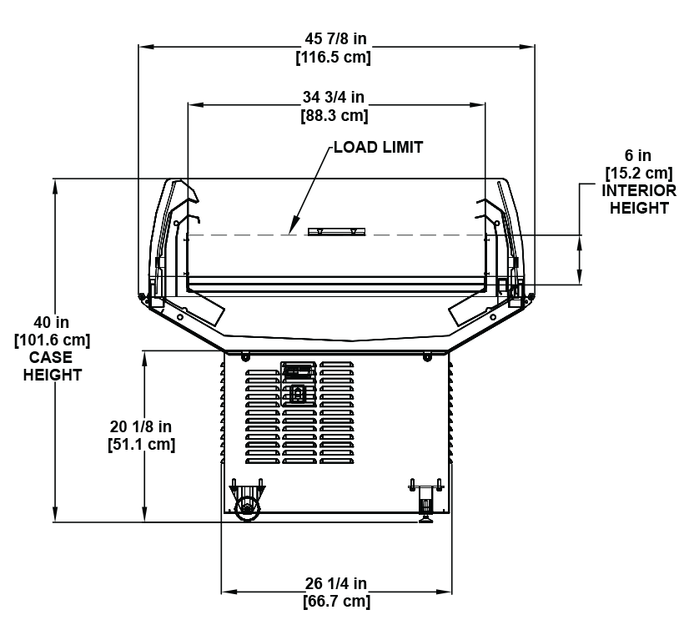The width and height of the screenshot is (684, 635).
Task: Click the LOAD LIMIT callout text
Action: pyautogui.click(x=378, y=148)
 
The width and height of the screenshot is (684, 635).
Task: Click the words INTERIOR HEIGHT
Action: pyautogui.click(x=639, y=199)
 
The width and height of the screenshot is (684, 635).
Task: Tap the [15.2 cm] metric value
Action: pyautogui.click(x=638, y=173)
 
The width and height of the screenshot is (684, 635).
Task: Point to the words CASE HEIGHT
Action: pyautogui.click(x=52, y=366)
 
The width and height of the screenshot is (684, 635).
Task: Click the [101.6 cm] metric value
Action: pyautogui.click(x=52, y=340)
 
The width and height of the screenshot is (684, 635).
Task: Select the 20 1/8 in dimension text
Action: pyautogui.click(x=142, y=426)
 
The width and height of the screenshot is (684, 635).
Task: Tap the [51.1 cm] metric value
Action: pyautogui.click(x=142, y=444)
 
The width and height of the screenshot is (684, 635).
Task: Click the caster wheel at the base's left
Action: pyautogui.click(x=248, y=508)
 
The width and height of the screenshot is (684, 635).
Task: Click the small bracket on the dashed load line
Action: pyautogui.click(x=332, y=231)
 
